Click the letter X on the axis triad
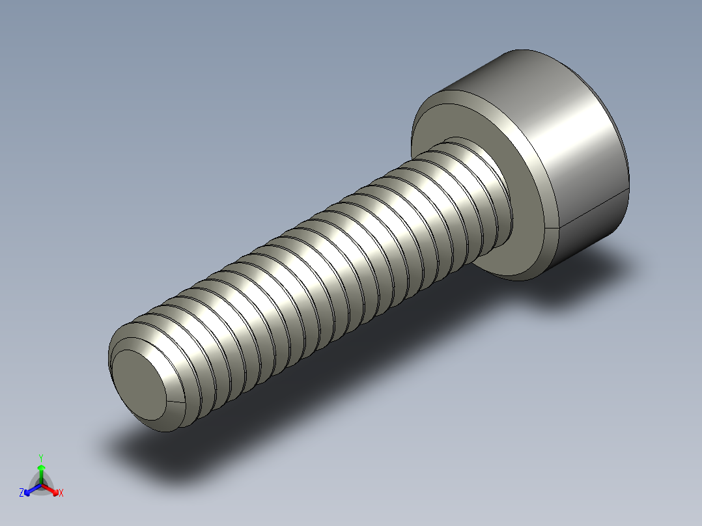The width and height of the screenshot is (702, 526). pos(61,493)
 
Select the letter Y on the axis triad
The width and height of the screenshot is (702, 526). pos(40,458)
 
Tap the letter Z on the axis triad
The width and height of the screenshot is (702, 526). pos(21,493)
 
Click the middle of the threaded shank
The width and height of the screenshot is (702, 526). pos(313,273)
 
